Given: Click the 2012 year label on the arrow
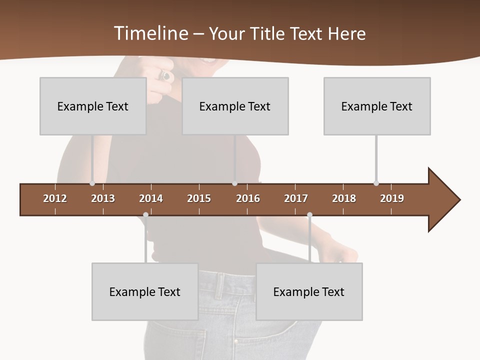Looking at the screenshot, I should (x=55, y=198).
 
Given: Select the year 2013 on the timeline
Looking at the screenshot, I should (x=103, y=198).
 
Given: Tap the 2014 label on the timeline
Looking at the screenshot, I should (x=151, y=198).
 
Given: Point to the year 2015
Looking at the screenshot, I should (x=199, y=198).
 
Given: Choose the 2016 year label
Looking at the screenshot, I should (x=248, y=198).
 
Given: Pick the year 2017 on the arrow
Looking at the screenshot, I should (x=296, y=198).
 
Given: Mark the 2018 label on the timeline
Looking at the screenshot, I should (x=344, y=198).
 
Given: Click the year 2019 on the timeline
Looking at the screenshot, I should (x=392, y=198).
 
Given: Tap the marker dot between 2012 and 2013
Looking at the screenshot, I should (x=92, y=183).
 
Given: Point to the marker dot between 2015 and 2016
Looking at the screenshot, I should (x=234, y=183).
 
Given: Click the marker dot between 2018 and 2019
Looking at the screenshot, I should (x=376, y=183).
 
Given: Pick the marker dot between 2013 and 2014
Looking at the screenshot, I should (x=145, y=215).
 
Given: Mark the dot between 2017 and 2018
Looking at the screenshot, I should (x=309, y=215).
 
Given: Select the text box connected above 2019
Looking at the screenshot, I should (x=377, y=106).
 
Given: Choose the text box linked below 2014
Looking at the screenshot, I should (x=145, y=291).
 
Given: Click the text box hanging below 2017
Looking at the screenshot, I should (x=309, y=291).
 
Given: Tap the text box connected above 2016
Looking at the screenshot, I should (x=235, y=106).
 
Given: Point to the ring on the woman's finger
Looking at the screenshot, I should (x=165, y=75).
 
